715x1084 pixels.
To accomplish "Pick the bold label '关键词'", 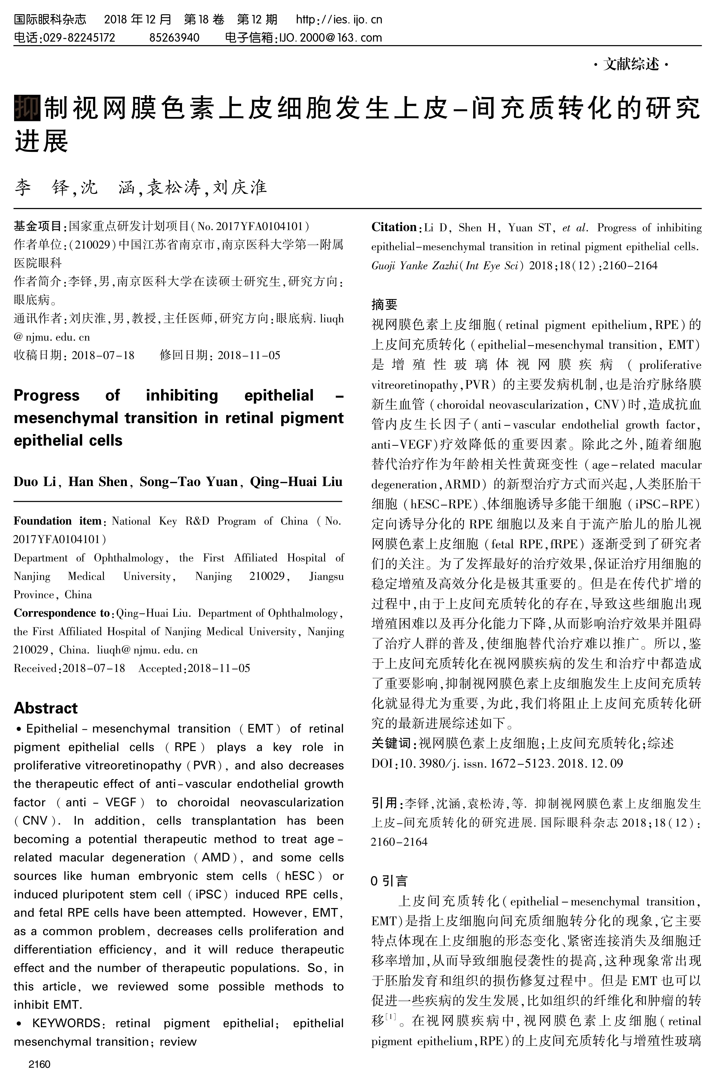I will click(x=391, y=744).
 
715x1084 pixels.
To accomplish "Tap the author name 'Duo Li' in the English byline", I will click(x=38, y=482).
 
